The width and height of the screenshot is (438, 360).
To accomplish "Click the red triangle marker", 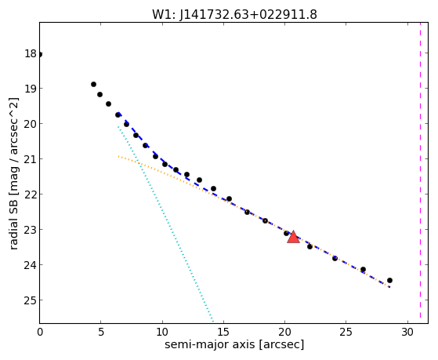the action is [293, 237].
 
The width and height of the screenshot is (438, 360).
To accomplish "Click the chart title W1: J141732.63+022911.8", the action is [234, 15].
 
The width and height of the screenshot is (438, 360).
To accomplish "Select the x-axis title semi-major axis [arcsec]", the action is [234, 344].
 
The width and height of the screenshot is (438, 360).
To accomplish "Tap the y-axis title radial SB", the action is [13, 222].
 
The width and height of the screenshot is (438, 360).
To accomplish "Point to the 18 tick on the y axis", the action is [31, 53].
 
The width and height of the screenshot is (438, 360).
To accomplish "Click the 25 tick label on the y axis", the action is [31, 300].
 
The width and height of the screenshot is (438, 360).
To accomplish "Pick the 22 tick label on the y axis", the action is [31, 195].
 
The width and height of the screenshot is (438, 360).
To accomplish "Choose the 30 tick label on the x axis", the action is [407, 332].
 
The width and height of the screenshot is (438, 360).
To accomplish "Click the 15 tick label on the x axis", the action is [223, 332].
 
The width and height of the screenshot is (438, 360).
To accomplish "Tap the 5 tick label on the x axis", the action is [101, 332].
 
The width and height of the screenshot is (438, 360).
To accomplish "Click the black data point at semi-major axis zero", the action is [40, 54].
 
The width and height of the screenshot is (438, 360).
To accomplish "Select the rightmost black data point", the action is [389, 280].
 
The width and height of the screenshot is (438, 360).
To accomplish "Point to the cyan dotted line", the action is [165, 224].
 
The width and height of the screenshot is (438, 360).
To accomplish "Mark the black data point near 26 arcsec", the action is [363, 269].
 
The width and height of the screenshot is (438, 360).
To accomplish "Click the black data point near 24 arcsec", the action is [335, 258].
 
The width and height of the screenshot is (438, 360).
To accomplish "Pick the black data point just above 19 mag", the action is [93, 84].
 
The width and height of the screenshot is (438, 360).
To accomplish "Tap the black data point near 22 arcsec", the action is [309, 246].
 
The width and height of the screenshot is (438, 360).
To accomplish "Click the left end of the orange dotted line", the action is [118, 156].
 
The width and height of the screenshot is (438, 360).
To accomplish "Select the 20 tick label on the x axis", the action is [284, 332].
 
